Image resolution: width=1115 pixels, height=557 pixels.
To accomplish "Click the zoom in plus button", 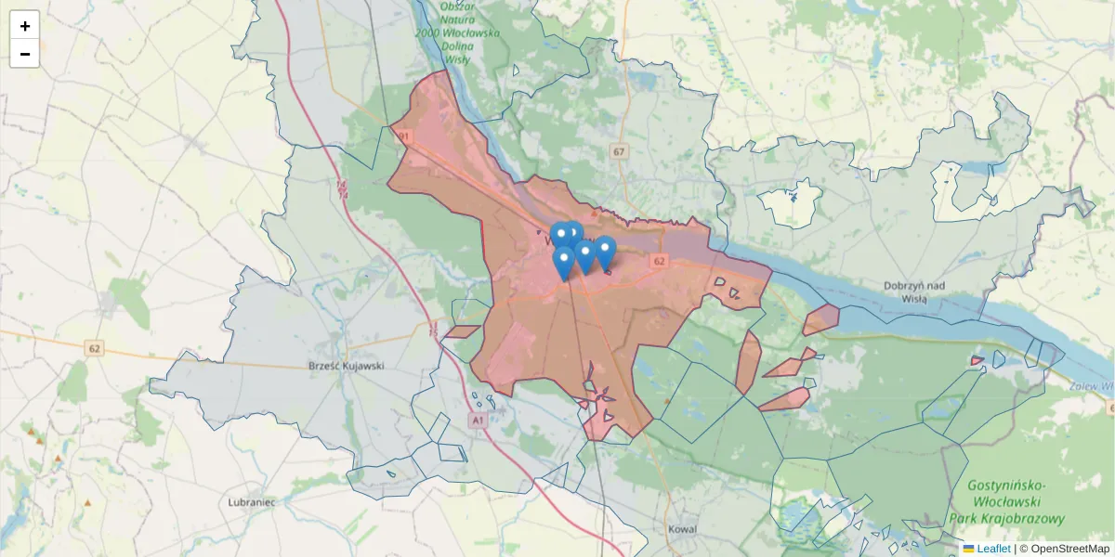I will (25, 26).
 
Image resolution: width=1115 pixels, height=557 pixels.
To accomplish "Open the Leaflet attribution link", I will (993, 549).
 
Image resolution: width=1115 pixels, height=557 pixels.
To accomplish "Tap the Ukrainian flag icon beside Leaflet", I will (969, 549).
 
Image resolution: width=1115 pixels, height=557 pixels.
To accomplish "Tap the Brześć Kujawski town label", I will (346, 366).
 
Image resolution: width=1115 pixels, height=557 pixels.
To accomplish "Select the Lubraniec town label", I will (251, 502).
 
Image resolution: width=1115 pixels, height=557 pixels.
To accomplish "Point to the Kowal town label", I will (682, 529).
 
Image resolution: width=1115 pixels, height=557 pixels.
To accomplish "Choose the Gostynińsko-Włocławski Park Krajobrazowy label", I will (1006, 502).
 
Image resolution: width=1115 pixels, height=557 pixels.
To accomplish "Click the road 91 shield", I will (403, 136).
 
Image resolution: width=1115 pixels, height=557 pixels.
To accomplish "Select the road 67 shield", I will (620, 150).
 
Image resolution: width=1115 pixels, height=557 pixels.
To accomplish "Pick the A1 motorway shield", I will (478, 421).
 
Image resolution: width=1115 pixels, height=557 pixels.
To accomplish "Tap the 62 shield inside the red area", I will (660, 262).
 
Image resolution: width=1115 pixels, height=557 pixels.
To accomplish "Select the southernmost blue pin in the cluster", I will (563, 261).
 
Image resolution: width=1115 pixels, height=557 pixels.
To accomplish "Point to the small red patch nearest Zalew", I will (977, 360).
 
